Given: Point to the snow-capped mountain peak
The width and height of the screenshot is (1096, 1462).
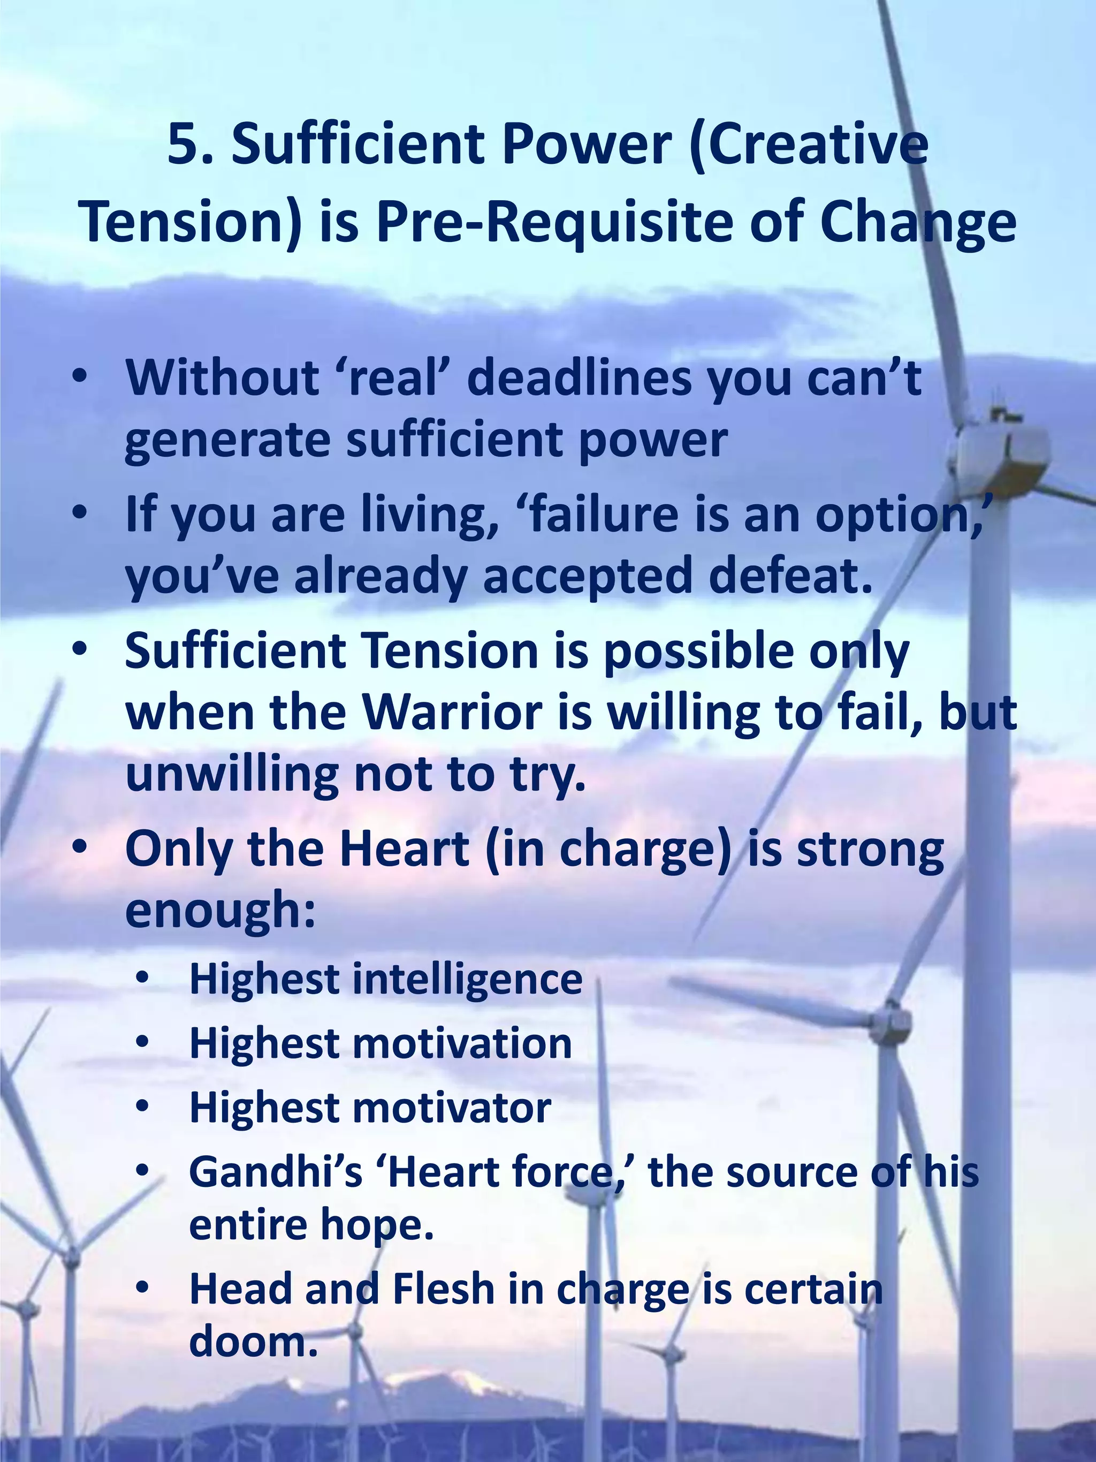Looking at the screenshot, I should pos(462,1381).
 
